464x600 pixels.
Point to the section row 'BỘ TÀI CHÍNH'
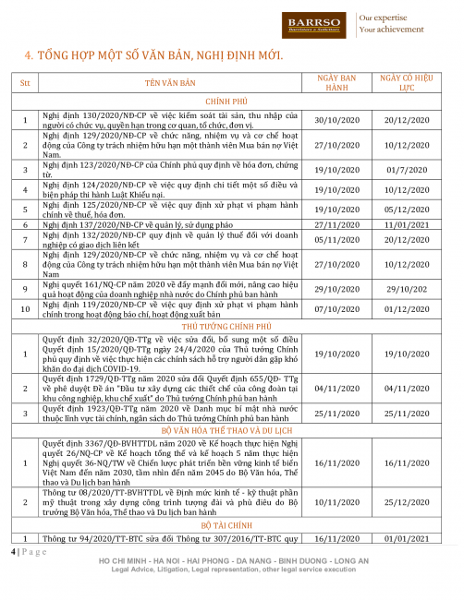click(235, 523)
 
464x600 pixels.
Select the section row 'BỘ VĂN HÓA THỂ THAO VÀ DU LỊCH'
click(235, 430)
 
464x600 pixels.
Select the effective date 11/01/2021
click(415, 224)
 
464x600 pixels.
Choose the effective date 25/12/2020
click(415, 503)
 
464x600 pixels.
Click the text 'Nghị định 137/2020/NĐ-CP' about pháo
click(86, 224)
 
